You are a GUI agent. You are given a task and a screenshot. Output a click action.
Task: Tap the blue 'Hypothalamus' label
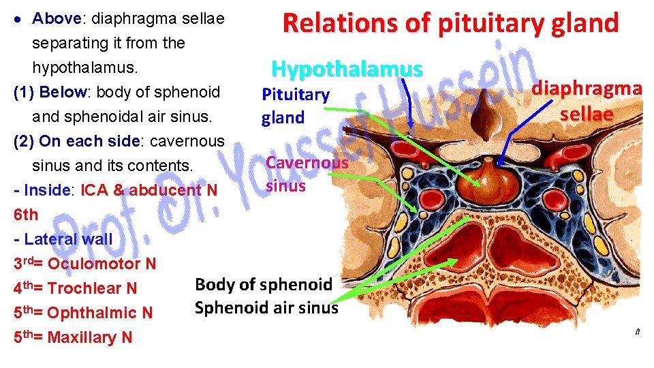pos(347,69)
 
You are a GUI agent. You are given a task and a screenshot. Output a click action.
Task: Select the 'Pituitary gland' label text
pos(296,106)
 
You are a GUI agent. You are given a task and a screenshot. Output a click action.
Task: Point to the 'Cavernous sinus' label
pos(307,173)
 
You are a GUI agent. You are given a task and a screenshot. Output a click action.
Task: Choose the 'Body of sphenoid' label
pos(264,284)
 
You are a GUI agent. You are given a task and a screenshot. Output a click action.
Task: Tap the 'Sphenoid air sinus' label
pos(266,307)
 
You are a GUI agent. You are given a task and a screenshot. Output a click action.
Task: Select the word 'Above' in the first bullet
pos(54,18)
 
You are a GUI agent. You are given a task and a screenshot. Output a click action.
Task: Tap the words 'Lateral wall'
pos(68,239)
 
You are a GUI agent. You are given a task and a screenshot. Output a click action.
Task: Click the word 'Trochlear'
pos(84,288)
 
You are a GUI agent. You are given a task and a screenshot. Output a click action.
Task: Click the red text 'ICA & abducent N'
pos(149,190)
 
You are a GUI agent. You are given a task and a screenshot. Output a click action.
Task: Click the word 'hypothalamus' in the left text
pos(84,67)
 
